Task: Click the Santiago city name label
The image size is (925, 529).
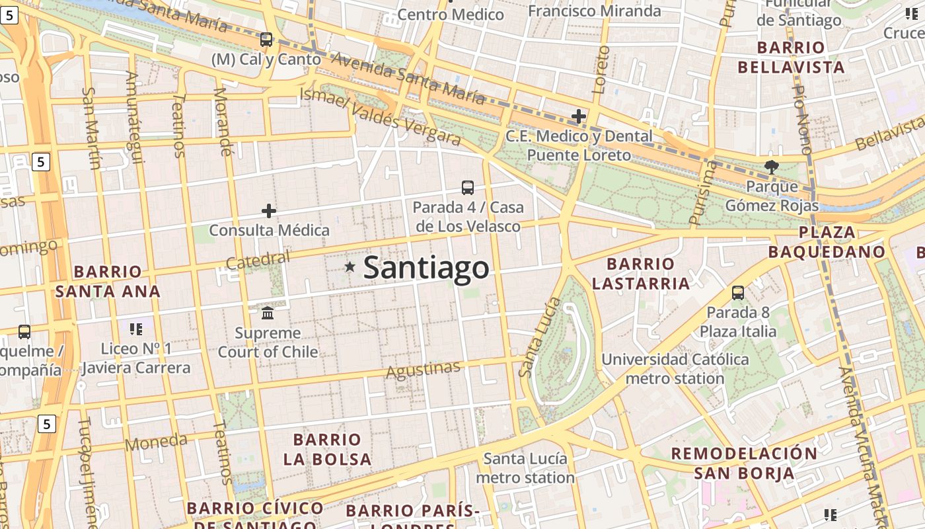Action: point(426,268)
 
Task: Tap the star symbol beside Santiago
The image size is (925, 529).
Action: point(350,267)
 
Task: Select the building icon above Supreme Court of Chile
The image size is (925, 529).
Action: point(268,312)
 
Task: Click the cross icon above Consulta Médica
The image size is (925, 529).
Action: point(269,211)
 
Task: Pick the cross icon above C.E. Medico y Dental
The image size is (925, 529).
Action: point(579,117)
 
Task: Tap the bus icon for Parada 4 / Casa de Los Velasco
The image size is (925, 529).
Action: point(468,188)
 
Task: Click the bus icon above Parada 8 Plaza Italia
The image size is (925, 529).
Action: point(738,292)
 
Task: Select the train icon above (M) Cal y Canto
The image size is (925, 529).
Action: point(266,40)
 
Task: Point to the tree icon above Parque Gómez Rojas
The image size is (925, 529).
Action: point(771,167)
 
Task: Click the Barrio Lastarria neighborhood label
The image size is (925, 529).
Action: point(640,274)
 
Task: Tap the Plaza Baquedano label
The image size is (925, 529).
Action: point(827,242)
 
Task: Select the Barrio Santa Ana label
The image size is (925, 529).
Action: point(108,281)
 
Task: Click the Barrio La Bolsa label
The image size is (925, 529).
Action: point(327,449)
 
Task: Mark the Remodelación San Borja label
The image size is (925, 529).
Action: point(744,463)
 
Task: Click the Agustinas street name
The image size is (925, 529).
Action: point(423,370)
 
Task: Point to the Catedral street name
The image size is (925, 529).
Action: point(258,261)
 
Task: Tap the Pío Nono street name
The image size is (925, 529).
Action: point(802,119)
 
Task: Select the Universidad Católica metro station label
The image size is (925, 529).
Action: point(675,369)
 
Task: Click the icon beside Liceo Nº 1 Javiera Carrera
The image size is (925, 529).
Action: point(136,329)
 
